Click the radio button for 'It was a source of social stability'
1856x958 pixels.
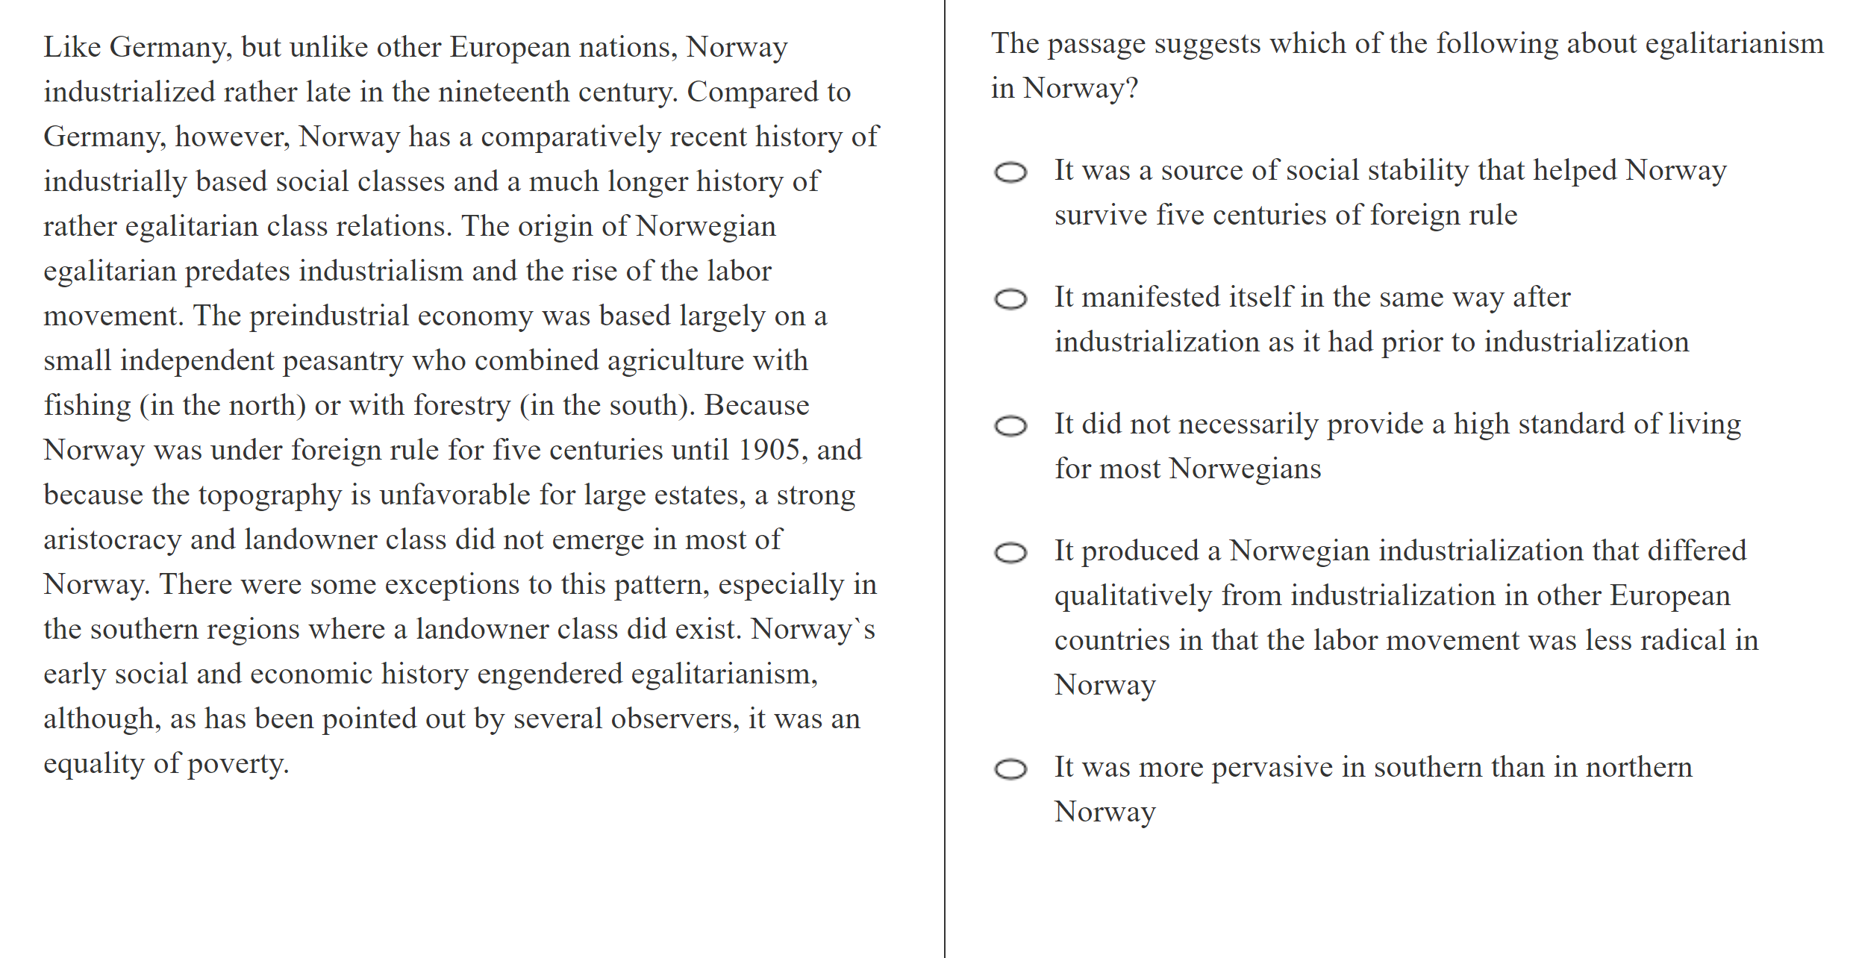[x=1010, y=172]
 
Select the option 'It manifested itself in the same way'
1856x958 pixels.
[x=1010, y=299]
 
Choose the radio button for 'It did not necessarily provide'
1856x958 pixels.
[x=1010, y=426]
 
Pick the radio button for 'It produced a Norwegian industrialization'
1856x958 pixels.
[x=1010, y=553]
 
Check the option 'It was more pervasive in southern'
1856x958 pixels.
[x=1010, y=768]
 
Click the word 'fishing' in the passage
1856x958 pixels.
[x=87, y=406]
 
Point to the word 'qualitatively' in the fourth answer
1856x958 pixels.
[x=1133, y=596]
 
